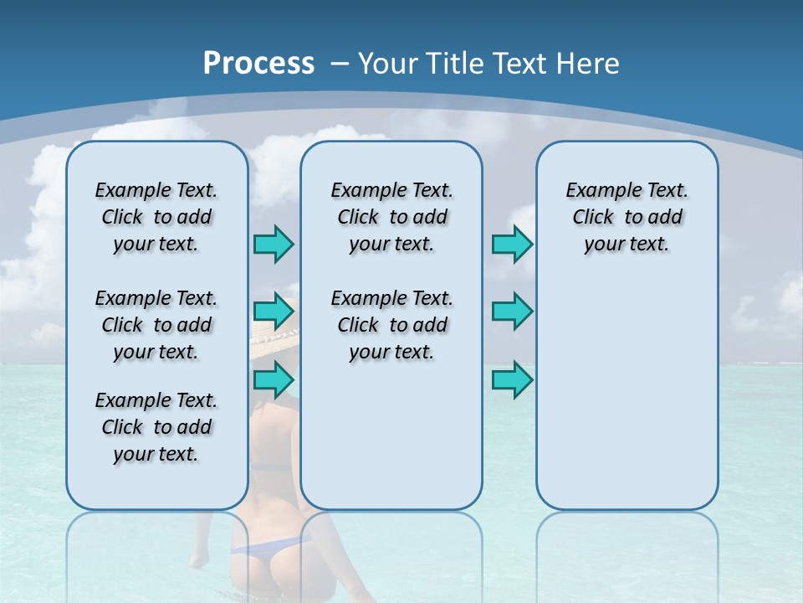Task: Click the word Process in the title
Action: [258, 63]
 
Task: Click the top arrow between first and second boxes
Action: [274, 244]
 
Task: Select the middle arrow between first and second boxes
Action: [274, 312]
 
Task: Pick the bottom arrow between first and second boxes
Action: [274, 379]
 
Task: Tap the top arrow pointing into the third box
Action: [512, 244]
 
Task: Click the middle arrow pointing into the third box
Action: [512, 312]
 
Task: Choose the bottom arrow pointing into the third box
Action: [512, 379]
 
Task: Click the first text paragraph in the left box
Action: [156, 217]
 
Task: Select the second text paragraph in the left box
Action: [156, 325]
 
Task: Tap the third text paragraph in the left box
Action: [156, 427]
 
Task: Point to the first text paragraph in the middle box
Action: [391, 217]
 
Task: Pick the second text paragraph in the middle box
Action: [391, 325]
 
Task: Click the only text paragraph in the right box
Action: [627, 217]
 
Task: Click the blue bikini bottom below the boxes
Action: [263, 549]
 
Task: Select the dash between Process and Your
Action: [340, 64]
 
